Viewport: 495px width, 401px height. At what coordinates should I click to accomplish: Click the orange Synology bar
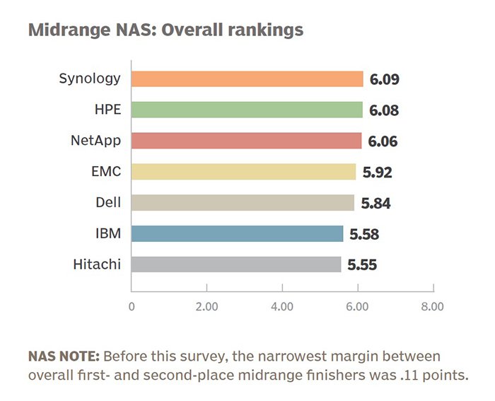coord(248,79)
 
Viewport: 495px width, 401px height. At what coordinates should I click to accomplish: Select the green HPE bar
coord(247,110)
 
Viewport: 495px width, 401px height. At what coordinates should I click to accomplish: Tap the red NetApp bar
coord(247,141)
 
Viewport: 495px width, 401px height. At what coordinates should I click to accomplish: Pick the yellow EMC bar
coord(244,172)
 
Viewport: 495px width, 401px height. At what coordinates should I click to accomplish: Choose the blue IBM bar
coord(238,233)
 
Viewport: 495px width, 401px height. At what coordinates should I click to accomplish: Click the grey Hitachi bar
coord(236,265)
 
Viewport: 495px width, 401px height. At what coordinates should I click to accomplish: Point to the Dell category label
coord(108,202)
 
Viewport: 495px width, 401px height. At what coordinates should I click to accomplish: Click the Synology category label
coord(90,79)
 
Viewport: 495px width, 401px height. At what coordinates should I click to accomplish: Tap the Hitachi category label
coord(97,265)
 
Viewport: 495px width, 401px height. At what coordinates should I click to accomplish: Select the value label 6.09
coord(384,79)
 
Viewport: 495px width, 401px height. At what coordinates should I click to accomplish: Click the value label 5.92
coord(377,173)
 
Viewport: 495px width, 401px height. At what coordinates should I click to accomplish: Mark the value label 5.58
coord(364,234)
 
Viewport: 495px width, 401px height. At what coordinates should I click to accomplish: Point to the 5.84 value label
coord(375,204)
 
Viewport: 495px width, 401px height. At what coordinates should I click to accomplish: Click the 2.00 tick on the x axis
coord(206,307)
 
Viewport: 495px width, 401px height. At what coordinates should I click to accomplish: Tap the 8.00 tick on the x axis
coord(432,307)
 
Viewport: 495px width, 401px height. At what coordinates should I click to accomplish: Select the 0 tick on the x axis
coord(132,307)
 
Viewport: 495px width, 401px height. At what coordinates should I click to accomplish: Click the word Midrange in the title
coord(69,30)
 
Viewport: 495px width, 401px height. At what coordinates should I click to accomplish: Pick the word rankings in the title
coord(265,30)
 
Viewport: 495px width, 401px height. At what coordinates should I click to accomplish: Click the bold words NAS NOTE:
coord(64,356)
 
